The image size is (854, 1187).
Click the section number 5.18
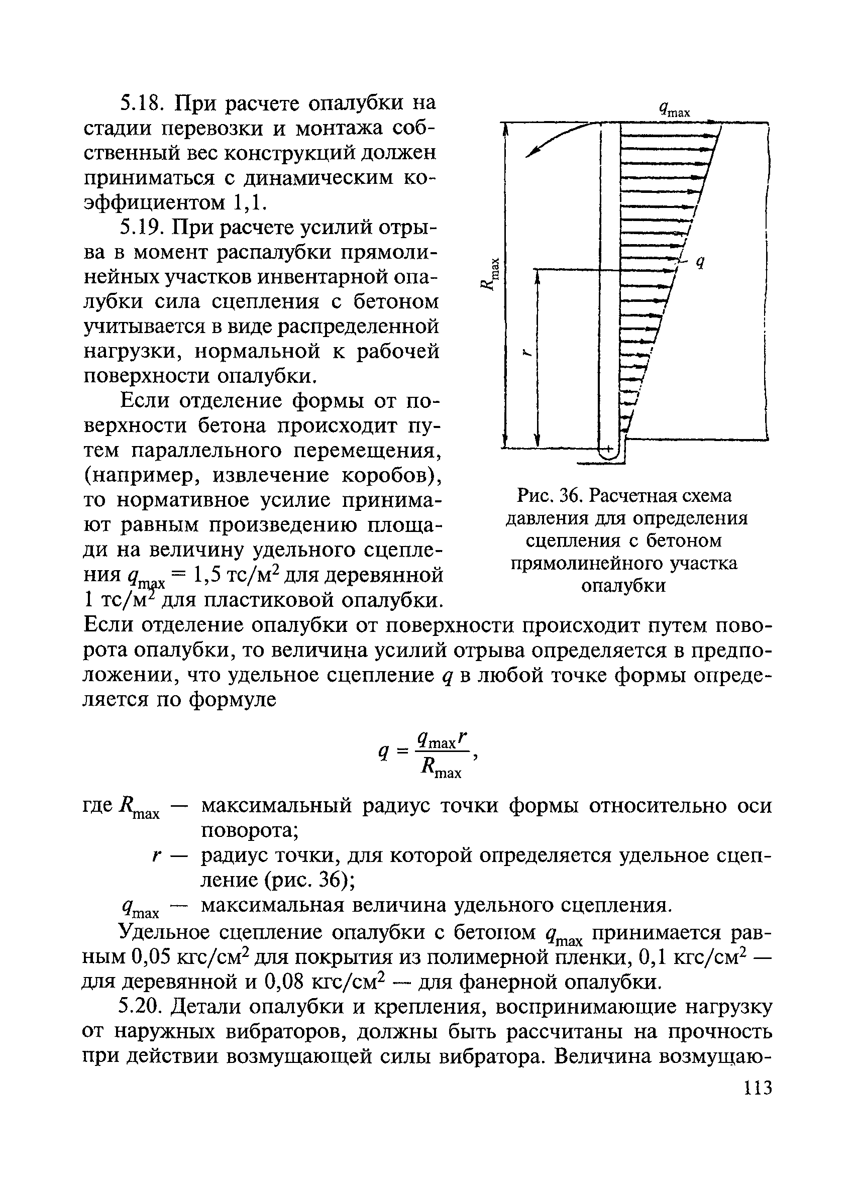point(140,103)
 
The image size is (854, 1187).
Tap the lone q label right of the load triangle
point(699,263)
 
